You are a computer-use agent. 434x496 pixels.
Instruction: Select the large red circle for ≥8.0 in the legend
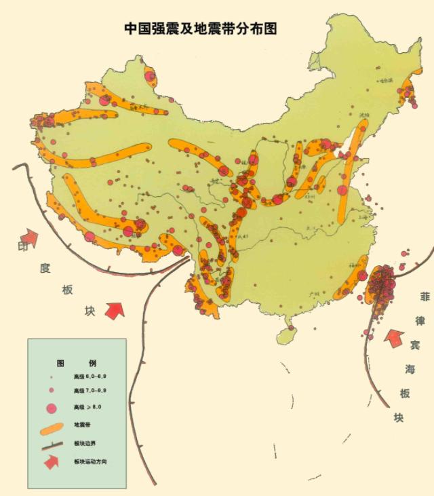coord(51,408)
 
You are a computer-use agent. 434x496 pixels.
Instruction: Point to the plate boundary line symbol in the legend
coord(52,444)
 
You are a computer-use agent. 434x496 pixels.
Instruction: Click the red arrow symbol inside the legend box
coord(51,462)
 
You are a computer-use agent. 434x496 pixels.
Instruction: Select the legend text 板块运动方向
coord(90,461)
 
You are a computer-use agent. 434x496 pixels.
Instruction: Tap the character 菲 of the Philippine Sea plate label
coord(425,297)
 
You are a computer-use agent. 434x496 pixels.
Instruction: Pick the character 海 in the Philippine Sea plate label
coord(410,369)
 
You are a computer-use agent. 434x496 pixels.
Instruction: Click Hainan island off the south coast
coord(288,334)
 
